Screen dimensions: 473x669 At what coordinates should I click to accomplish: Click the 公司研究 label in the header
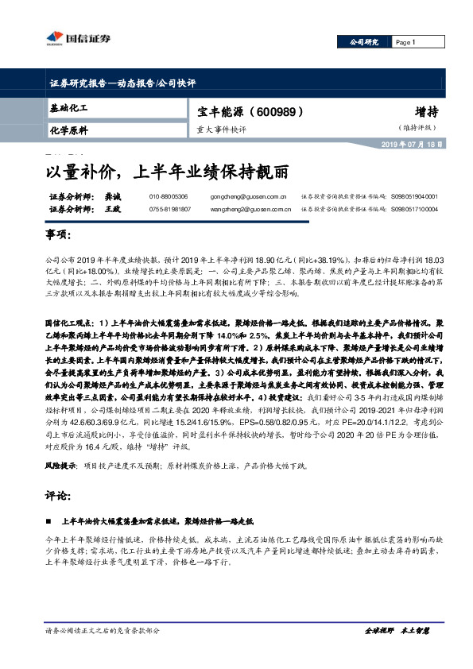pos(365,41)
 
